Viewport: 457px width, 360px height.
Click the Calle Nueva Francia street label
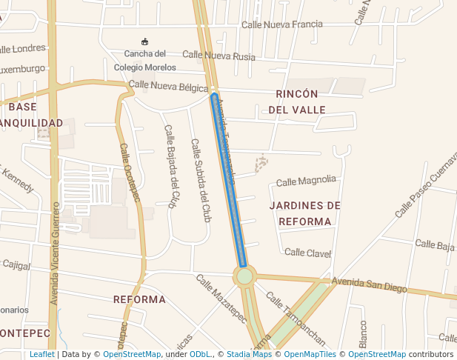tap(282, 24)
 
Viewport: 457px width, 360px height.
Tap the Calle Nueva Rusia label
tap(219, 56)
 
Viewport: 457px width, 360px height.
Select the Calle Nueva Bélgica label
tap(168, 86)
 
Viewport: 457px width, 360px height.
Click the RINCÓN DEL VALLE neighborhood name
tap(296, 101)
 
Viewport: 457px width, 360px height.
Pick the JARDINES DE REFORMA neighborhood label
tap(305, 213)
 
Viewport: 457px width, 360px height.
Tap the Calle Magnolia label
tap(306, 180)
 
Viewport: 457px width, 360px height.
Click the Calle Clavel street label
tap(307, 253)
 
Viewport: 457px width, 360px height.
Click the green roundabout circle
tap(244, 276)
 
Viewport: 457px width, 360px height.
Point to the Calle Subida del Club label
tap(201, 180)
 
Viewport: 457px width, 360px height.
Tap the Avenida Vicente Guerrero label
tap(54, 264)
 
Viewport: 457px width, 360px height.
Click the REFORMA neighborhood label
tap(139, 299)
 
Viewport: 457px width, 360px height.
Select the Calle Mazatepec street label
tap(221, 299)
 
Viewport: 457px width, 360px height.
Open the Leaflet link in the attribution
tap(41, 354)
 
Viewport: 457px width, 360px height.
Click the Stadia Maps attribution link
tap(249, 354)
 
